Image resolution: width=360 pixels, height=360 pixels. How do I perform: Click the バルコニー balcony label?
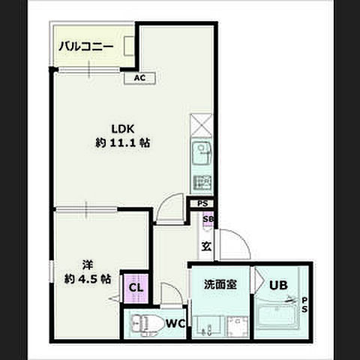86,47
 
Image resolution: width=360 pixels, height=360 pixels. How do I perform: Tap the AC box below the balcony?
139,77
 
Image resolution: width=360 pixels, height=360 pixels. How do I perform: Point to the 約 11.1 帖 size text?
122,142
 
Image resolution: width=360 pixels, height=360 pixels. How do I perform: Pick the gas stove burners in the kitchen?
202,182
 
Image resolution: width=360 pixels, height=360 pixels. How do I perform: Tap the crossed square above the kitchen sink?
202,124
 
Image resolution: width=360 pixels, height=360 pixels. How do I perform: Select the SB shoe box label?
207,219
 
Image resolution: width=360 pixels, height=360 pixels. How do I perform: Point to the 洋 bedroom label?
87,264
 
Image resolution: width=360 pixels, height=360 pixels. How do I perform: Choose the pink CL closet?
136,287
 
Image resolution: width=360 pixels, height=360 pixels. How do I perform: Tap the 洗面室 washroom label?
220,285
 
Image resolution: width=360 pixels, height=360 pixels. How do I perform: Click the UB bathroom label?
279,285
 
